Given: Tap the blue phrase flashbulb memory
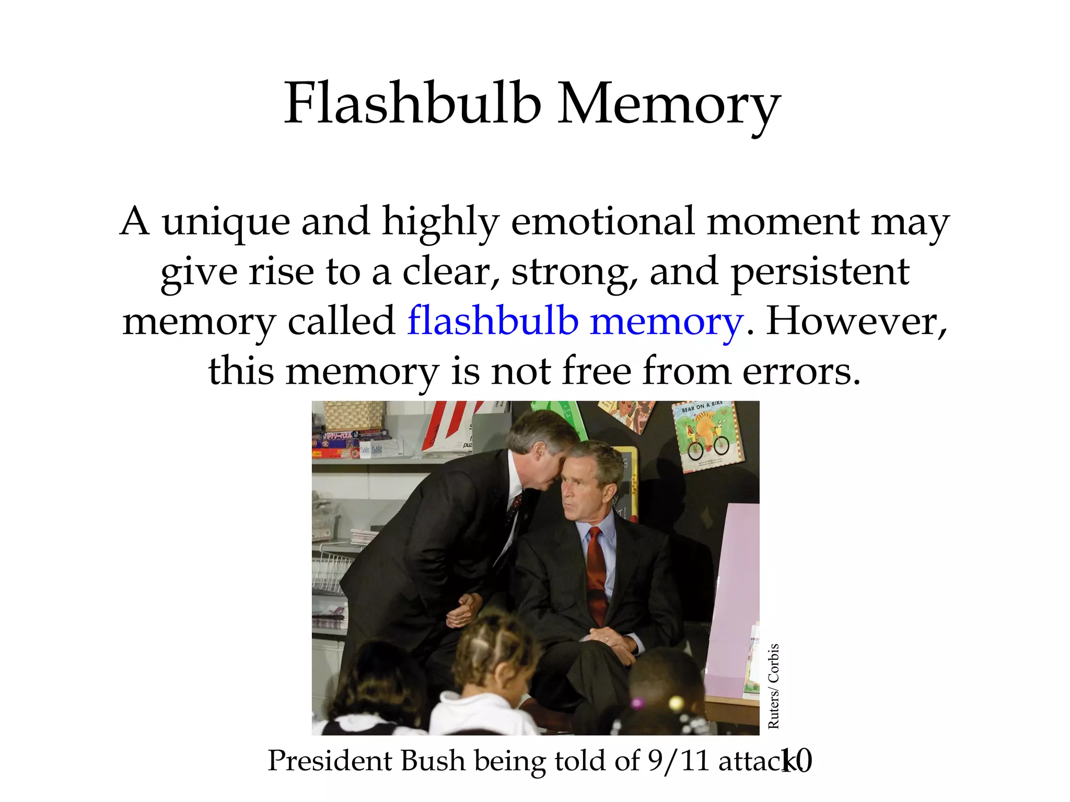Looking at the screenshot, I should coord(575,321).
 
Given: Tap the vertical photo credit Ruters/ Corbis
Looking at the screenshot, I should coord(773,686).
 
